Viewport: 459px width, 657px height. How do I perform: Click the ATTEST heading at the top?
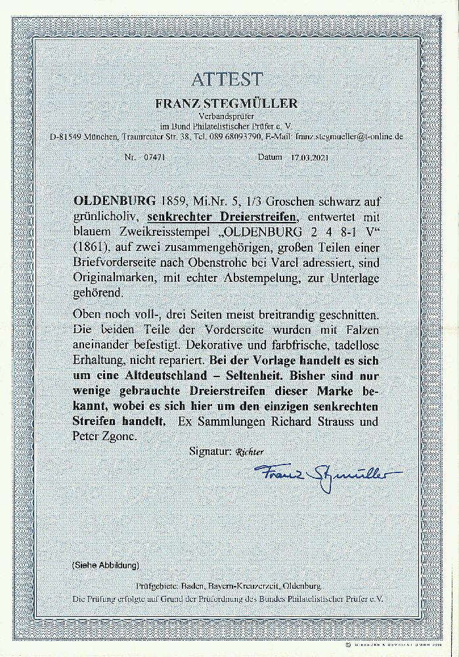click(227, 80)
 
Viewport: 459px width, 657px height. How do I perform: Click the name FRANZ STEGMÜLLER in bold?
click(227, 103)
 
